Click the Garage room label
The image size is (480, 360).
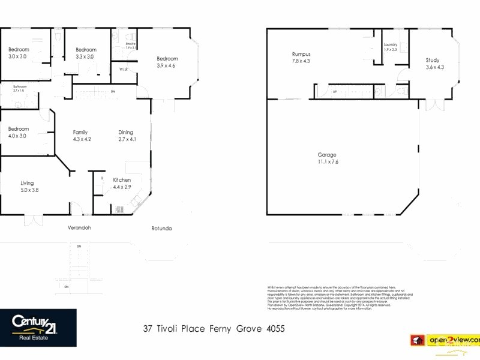click(328, 154)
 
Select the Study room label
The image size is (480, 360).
click(432, 60)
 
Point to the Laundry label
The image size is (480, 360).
click(391, 45)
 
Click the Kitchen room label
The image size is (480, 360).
click(122, 180)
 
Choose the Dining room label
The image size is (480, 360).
click(125, 133)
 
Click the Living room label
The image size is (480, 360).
click(27, 183)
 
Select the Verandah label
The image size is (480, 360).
click(79, 228)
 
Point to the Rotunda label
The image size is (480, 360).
click(161, 228)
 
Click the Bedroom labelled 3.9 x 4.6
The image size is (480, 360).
click(166, 59)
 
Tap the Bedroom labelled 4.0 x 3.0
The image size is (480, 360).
click(19, 129)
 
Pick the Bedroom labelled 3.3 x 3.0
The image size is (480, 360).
click(86, 50)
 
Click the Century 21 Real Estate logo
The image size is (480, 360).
click(38, 327)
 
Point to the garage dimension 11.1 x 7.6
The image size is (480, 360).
click(328, 162)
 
